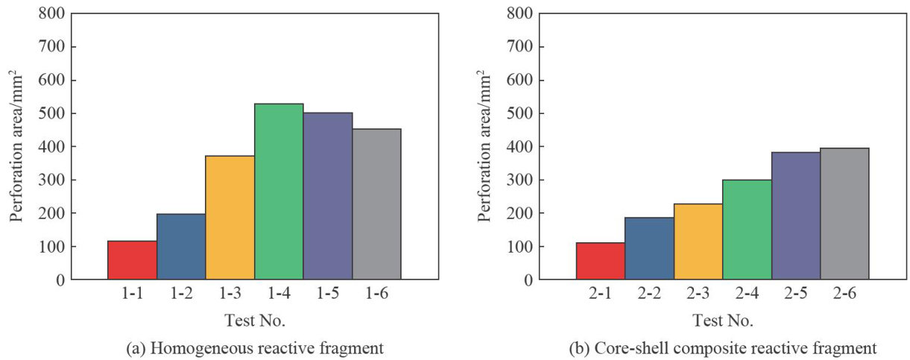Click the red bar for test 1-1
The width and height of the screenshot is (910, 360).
[x=132, y=260]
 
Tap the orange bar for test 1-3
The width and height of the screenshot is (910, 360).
[x=230, y=218]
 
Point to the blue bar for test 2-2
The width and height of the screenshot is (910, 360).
[x=648, y=248]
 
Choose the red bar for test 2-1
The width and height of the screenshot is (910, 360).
[x=600, y=261]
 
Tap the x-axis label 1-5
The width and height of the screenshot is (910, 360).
[x=328, y=294]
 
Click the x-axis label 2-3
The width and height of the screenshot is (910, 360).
[x=698, y=294]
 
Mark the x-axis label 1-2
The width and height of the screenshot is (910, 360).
[x=181, y=294]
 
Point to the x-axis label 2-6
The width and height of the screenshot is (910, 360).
[x=844, y=294]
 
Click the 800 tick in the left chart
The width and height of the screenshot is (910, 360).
[x=51, y=13]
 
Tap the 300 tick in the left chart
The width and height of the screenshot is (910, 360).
[x=51, y=180]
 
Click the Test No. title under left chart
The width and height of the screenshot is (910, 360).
[x=254, y=321]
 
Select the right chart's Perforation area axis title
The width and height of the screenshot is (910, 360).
[x=484, y=146]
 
